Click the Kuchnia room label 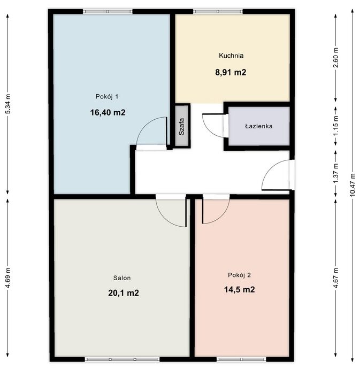[231, 56]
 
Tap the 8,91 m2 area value [231, 72]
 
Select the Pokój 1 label [107, 96]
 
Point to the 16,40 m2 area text [108, 112]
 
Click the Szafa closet [182, 127]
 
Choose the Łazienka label [259, 126]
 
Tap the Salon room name [122, 278]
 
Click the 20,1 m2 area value [124, 293]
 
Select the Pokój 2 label [239, 275]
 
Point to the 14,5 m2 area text [240, 289]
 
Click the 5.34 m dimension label [7, 104]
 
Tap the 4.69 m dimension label [7, 278]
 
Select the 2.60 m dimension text [336, 57]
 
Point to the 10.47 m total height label [353, 184]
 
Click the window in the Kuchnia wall [218, 11]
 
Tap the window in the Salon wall [122, 359]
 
